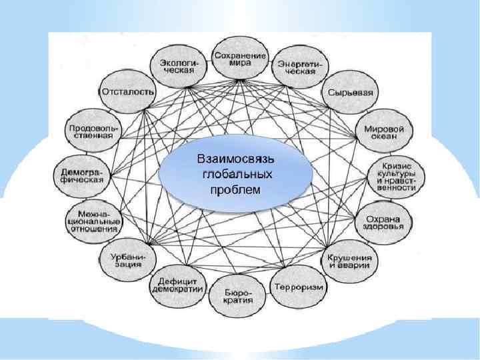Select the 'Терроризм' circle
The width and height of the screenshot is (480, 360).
click(297, 287)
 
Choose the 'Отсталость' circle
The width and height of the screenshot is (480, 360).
click(128, 91)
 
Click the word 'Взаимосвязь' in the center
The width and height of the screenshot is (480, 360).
click(237, 161)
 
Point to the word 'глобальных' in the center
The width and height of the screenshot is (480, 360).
click(237, 175)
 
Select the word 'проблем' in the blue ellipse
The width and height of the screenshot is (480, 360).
click(237, 189)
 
